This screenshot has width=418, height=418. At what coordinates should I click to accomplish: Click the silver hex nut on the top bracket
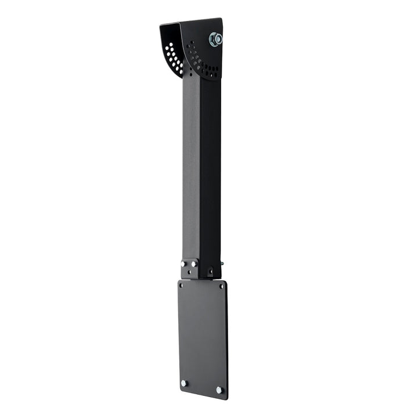pos(215,39)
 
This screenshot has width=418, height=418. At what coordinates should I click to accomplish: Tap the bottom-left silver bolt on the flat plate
pos(184,383)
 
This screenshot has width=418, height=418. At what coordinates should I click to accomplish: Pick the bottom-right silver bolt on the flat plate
pos(219,390)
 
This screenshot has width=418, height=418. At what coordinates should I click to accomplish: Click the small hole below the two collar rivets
pos(189,271)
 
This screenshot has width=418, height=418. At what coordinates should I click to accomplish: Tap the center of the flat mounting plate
pos(202,337)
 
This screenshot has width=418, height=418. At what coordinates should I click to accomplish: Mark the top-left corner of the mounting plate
pos(179,281)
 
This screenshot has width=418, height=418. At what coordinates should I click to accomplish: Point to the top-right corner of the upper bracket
pos(221,19)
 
